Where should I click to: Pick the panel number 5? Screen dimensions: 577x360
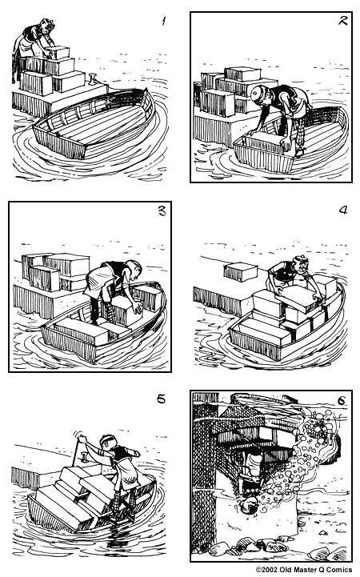[162, 399]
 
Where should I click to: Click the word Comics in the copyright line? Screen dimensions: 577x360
[339, 570]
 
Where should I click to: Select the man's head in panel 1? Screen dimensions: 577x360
[34, 30]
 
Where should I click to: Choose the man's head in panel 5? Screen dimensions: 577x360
[107, 443]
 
